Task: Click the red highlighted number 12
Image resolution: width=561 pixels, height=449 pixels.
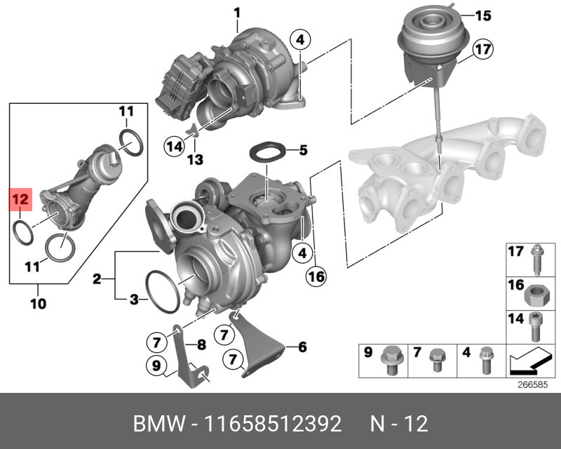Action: click(x=20, y=199)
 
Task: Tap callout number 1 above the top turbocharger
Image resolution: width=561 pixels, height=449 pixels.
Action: click(x=237, y=13)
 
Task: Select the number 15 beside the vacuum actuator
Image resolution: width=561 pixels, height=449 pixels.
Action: click(x=483, y=15)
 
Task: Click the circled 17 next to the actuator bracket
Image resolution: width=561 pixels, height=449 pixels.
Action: click(x=482, y=49)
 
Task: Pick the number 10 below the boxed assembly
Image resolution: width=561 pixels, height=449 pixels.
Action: click(x=39, y=304)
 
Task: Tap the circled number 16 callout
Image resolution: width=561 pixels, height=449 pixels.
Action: click(x=316, y=276)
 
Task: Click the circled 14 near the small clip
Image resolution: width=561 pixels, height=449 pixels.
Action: click(x=175, y=147)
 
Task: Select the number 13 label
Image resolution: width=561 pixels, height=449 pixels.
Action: click(x=196, y=160)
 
